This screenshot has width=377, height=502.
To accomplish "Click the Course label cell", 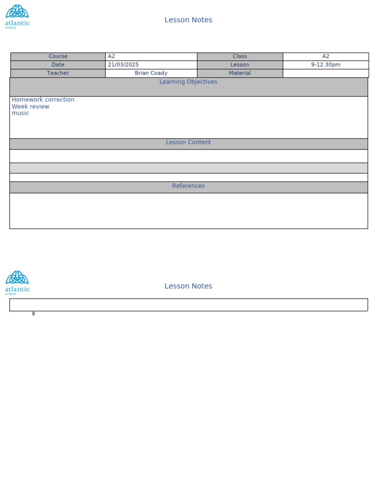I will pyautogui.click(x=58, y=56).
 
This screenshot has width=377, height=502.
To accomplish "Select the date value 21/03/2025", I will pyautogui.click(x=123, y=65).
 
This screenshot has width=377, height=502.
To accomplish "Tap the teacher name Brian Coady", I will pyautogui.click(x=151, y=73).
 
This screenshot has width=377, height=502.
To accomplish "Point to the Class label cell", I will pyautogui.click(x=240, y=56).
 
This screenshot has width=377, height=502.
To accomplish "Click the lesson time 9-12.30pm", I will pyautogui.click(x=325, y=65).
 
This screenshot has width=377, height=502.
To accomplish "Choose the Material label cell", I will pyautogui.click(x=240, y=73).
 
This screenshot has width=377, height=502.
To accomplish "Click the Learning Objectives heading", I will pyautogui.click(x=188, y=82).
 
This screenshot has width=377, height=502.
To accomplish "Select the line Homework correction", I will pyautogui.click(x=43, y=100).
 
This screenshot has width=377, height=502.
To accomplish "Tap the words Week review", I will pyautogui.click(x=30, y=107).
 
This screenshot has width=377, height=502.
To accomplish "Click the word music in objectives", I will pyautogui.click(x=21, y=113).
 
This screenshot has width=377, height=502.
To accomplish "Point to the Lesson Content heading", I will pyautogui.click(x=188, y=143).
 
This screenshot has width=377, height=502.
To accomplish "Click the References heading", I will pyautogui.click(x=188, y=186).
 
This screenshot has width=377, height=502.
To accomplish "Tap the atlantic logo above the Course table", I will pyautogui.click(x=17, y=17).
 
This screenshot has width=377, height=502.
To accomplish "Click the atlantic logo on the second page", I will pyautogui.click(x=17, y=282).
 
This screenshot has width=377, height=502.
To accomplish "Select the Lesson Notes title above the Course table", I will pyautogui.click(x=188, y=20).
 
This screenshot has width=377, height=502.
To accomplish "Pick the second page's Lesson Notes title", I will pyautogui.click(x=188, y=286).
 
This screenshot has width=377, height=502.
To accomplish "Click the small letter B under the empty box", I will pyautogui.click(x=33, y=314).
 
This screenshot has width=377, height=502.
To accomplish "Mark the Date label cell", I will pyautogui.click(x=58, y=65).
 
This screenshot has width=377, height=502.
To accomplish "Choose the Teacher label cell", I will pyautogui.click(x=58, y=73).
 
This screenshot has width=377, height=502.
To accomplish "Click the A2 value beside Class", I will pyautogui.click(x=325, y=56).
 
